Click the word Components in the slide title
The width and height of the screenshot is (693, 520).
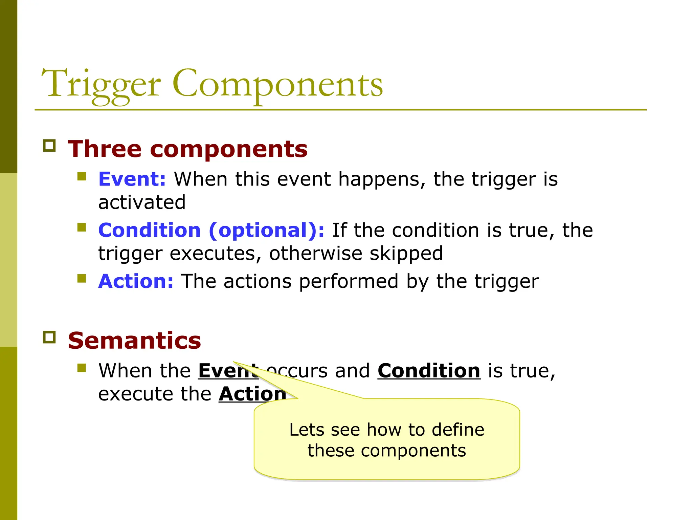[277, 85]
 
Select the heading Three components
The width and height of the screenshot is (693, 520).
[187, 149]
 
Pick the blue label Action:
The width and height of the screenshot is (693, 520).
[136, 281]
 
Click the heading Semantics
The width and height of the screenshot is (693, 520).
[134, 340]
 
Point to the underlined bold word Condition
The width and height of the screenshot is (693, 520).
[429, 371]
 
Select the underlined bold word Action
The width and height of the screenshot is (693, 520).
[252, 394]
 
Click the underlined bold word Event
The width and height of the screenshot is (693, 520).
[223, 371]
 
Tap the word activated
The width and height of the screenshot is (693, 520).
[142, 202]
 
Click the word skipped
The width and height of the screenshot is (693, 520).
[406, 254]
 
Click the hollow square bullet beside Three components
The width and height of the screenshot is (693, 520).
[49, 146]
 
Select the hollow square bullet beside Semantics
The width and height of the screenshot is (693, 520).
[49, 337]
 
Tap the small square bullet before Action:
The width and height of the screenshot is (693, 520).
[82, 278]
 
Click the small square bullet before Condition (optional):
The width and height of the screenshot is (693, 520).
[82, 227]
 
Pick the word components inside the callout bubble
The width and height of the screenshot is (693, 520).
[413, 451]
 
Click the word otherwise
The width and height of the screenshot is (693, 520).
[315, 254]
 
